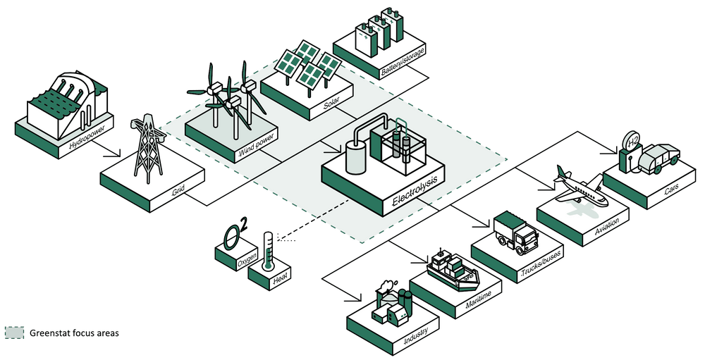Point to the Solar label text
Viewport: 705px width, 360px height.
331,106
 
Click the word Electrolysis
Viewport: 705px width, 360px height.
415,191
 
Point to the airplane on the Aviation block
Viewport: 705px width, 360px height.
580,187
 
